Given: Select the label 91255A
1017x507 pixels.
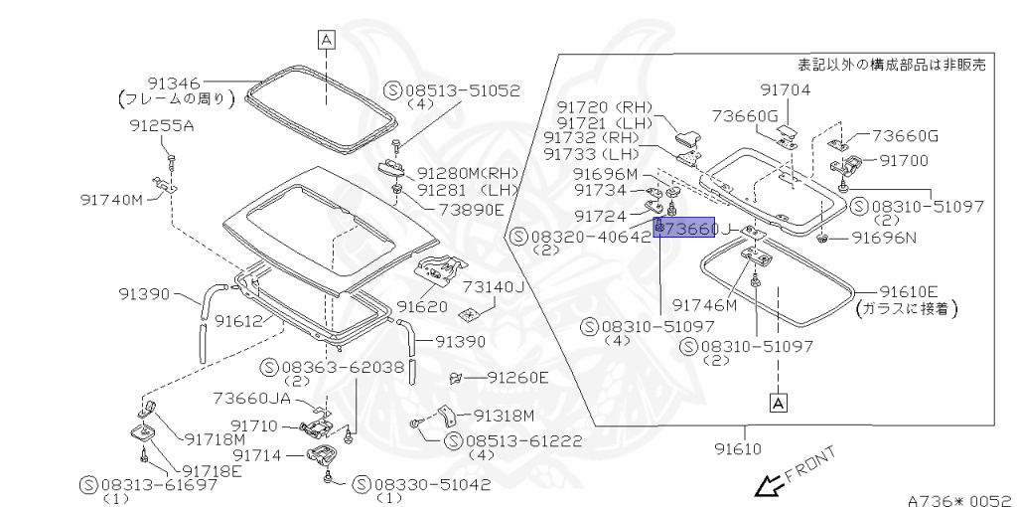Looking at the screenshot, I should [x=162, y=126].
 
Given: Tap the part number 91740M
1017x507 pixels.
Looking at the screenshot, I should [x=112, y=199].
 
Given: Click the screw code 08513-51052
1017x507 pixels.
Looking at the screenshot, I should [x=462, y=89].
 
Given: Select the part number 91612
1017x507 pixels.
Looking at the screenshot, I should [x=238, y=320].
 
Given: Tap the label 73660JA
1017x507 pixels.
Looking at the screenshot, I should [x=252, y=399].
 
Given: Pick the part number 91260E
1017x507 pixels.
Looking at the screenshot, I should [x=516, y=378].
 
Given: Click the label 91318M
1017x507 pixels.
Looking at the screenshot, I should [x=504, y=416].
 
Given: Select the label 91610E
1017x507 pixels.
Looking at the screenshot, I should [x=909, y=290].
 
